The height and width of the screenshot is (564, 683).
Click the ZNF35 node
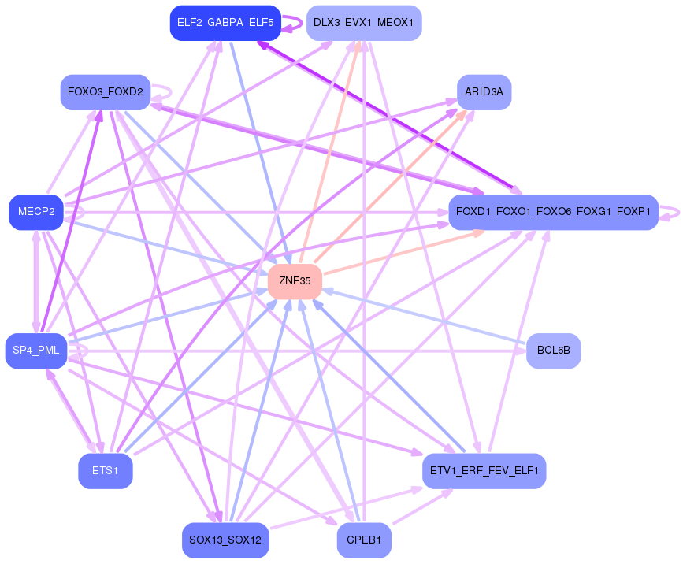(x=295, y=281)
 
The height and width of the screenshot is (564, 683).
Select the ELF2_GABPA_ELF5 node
(x=225, y=23)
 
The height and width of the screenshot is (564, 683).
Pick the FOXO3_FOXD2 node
(x=106, y=92)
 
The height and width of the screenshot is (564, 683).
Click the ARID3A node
(x=484, y=92)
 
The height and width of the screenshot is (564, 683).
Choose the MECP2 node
(x=35, y=212)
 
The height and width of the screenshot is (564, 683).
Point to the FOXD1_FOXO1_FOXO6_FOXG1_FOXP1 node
(x=553, y=212)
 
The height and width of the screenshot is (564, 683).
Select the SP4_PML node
(x=35, y=351)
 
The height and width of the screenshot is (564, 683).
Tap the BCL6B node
(x=553, y=351)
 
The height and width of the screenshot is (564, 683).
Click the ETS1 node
(x=105, y=471)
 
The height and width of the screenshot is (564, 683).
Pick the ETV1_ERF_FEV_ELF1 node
(x=484, y=471)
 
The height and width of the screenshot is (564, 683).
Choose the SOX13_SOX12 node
(x=225, y=540)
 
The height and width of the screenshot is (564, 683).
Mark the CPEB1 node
(x=363, y=540)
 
